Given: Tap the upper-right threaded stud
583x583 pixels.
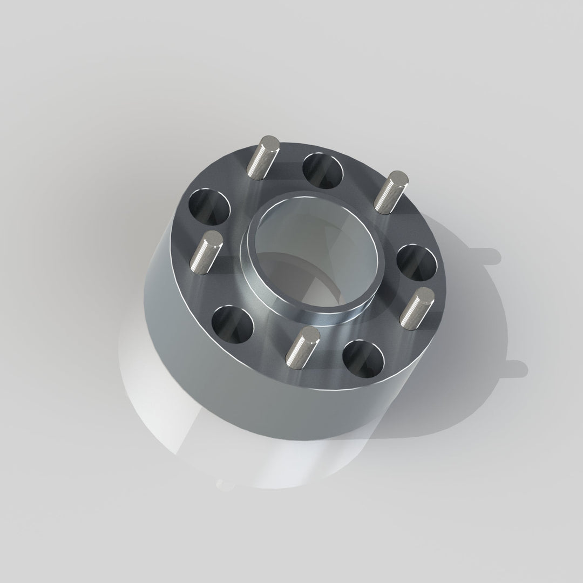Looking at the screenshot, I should click(x=390, y=191).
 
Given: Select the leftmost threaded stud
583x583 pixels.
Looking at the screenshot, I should click(x=206, y=252).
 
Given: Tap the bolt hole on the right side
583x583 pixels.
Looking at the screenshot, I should click(x=417, y=261).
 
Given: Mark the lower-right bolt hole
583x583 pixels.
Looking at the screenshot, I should click(x=362, y=357).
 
